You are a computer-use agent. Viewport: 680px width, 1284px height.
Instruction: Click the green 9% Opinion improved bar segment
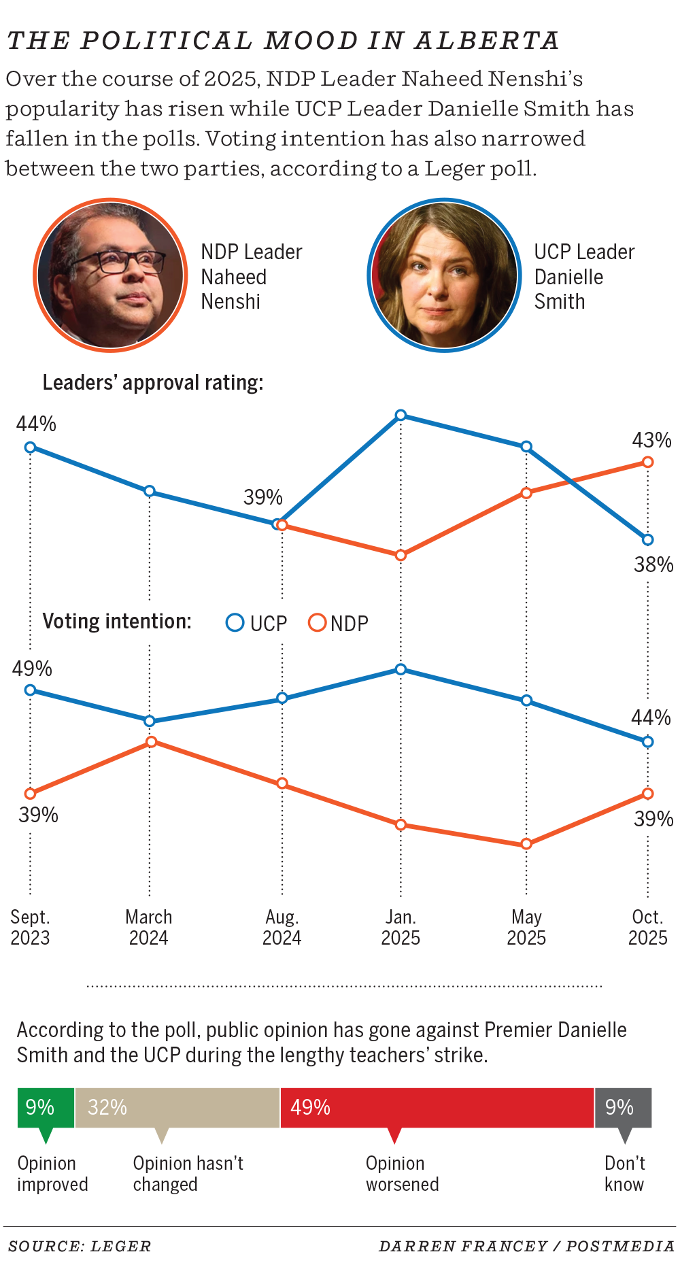46,1108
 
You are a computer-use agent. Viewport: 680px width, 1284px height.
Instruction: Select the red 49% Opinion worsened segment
437,1108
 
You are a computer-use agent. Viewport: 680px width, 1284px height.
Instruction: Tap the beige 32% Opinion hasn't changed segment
177,1108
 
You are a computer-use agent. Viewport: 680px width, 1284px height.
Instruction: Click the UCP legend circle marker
235,623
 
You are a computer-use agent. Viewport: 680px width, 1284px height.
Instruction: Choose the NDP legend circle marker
317,623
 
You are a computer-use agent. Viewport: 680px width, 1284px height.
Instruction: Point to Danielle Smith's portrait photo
444,275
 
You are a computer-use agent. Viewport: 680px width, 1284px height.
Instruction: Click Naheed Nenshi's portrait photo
110,275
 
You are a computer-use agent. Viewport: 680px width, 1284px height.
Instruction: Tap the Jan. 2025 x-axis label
401,928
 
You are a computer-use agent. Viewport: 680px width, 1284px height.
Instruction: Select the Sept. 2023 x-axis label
30,928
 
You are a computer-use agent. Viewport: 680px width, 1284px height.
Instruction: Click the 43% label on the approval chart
651,441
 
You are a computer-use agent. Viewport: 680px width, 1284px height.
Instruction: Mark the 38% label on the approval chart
653,564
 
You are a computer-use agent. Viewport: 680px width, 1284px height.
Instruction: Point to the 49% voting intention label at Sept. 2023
32,669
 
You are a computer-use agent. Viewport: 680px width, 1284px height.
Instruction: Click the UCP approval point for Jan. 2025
401,415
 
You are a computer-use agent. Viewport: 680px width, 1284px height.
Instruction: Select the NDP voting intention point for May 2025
526,844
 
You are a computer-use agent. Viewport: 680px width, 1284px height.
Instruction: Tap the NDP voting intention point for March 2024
152,741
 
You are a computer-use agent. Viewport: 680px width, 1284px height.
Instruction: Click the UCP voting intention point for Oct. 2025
648,742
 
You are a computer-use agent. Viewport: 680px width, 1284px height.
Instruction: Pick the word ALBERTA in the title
487,41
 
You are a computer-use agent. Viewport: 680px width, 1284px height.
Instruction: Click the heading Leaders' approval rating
153,383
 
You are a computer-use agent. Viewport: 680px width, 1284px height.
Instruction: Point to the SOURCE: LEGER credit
80,1246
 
